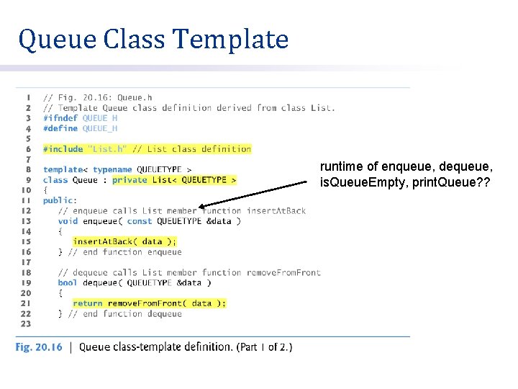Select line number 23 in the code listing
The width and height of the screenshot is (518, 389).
point(26,324)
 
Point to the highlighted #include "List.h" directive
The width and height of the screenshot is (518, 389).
point(147,149)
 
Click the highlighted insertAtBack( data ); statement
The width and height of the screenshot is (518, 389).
point(124,242)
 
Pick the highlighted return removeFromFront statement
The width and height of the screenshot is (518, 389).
point(149,303)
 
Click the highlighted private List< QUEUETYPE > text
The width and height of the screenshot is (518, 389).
point(174,180)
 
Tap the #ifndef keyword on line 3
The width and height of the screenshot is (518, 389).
point(60,118)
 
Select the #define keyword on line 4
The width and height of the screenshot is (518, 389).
point(60,128)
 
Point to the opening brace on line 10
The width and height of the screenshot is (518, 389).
point(45,190)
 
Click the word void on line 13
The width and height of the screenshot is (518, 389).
point(68,221)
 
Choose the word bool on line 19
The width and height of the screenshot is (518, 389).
point(68,283)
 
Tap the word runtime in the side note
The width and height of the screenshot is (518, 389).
point(339,167)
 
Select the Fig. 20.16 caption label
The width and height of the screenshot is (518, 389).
point(39,347)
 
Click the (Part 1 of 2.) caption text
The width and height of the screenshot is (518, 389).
point(264,347)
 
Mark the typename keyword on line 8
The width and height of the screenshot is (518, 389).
point(112,170)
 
